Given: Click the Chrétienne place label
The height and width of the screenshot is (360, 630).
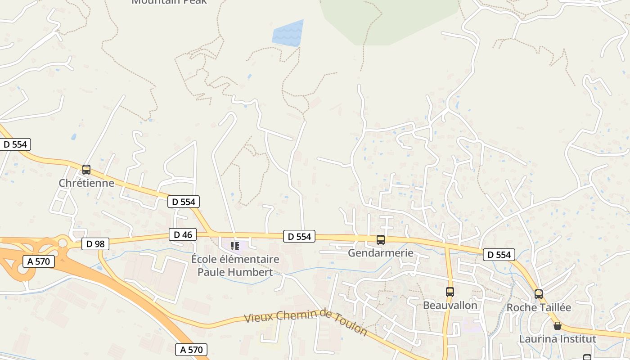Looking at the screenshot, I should click(x=86, y=183).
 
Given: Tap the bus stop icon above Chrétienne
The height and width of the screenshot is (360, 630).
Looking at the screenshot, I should click(x=86, y=170).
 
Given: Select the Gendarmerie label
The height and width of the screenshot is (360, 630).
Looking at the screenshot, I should click(x=381, y=253).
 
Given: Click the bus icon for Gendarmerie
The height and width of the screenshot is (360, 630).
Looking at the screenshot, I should click(x=381, y=240).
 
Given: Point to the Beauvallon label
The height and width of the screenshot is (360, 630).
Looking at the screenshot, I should click(x=450, y=306).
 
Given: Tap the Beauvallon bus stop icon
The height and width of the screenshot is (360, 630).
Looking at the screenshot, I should click(x=450, y=292).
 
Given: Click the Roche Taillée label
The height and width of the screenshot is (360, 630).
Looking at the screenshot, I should click(x=539, y=308).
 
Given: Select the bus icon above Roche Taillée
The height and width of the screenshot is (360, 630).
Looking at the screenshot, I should click(x=539, y=294).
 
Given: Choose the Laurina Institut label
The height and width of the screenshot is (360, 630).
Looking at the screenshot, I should click(x=558, y=339).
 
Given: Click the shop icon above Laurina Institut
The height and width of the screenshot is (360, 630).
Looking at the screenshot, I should click(x=558, y=326).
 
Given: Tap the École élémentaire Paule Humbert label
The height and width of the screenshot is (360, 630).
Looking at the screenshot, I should click(x=235, y=265).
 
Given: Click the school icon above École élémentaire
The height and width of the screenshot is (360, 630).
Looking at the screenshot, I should click(x=235, y=246).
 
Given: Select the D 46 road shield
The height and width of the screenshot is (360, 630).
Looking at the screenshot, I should click(x=183, y=234).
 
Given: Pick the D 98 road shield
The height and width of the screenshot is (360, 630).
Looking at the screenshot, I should click(x=95, y=244).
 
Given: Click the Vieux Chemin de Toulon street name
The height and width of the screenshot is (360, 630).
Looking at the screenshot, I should click(x=306, y=322).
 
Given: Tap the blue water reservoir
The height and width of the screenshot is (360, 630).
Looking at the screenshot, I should click(x=288, y=33).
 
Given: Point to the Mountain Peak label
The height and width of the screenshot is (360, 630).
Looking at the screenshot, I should click(x=169, y=2).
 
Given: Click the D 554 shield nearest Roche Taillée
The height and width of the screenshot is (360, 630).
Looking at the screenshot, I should click(x=499, y=255).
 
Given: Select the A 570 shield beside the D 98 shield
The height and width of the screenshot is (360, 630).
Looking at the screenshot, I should click(x=38, y=261).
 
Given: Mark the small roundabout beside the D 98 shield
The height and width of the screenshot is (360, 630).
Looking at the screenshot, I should click(x=63, y=243).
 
